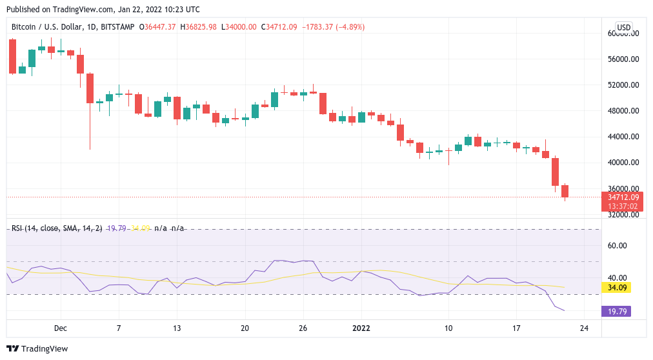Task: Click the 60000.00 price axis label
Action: click(623, 34)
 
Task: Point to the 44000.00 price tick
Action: click(623, 137)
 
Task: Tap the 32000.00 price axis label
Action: click(623, 215)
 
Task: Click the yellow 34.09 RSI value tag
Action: click(616, 287)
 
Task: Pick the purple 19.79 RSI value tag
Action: click(616, 312)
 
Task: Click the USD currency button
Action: click(624, 27)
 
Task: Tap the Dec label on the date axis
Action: click(61, 328)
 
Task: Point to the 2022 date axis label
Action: click(361, 328)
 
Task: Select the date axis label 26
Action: click(303, 328)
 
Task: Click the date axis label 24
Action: click(584, 328)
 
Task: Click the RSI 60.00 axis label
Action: click(619, 245)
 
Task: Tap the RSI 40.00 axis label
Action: click(619, 278)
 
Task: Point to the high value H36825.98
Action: click(200, 27)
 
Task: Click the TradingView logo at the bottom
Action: click(38, 349)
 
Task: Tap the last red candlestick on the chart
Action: click(565, 191)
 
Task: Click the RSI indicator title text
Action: click(57, 228)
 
